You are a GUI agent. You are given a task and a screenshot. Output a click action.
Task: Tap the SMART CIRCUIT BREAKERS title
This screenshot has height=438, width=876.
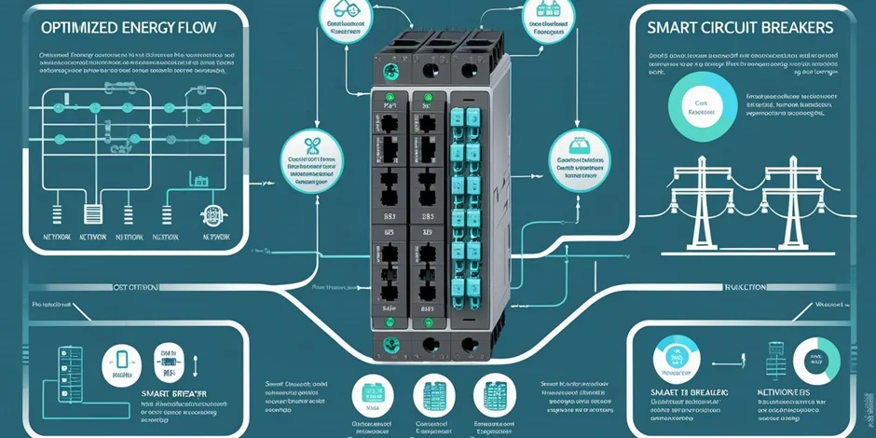click(x=739, y=28)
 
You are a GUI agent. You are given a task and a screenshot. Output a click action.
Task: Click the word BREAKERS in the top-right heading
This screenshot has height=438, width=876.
click(x=799, y=28)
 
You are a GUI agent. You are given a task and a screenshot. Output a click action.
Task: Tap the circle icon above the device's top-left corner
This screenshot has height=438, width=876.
click(x=342, y=16)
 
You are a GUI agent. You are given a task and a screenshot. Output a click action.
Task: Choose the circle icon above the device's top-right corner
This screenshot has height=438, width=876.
click(x=544, y=16)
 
